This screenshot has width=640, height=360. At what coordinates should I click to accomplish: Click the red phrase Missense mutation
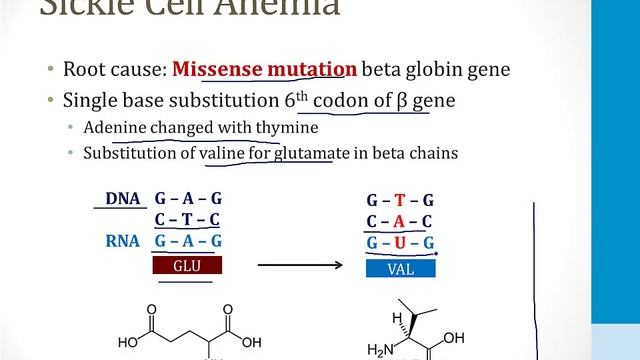264,70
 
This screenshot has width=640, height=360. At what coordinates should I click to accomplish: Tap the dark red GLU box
188,266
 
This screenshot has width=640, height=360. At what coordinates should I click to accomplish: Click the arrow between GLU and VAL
298,266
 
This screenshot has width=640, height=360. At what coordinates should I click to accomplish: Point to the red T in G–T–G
398,199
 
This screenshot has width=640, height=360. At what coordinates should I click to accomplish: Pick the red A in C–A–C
398,221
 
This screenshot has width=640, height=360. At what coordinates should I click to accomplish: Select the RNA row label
124,241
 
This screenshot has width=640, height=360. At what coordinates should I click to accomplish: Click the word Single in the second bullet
90,101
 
